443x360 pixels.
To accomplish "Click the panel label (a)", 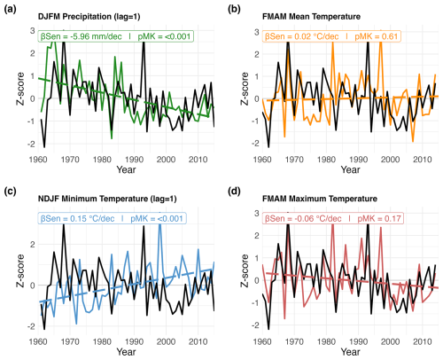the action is (10, 9).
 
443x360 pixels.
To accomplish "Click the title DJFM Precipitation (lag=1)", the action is (89, 17).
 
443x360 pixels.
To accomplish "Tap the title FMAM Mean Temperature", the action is (311, 17).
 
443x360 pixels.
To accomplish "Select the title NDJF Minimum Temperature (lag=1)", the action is (107, 199).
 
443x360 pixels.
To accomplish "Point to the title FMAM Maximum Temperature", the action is (320, 199).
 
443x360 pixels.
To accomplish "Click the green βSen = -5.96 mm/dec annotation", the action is (81, 36).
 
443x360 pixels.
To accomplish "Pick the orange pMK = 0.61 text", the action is (377, 36).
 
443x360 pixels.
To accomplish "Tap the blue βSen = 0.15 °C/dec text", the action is (77, 219).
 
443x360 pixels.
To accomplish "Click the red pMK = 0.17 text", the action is (379, 219).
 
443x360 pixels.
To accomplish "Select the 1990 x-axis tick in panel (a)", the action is (134, 160).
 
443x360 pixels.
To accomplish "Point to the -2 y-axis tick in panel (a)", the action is (32, 144).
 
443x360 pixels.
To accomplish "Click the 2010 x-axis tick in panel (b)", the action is (423, 160).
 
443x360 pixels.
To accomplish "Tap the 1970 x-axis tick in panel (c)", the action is (70, 342).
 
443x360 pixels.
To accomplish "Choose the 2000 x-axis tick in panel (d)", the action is (391, 342).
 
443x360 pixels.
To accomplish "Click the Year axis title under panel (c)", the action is (126, 352).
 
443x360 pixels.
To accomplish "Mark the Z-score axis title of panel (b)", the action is (245, 89).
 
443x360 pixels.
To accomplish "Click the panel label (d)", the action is (234, 192).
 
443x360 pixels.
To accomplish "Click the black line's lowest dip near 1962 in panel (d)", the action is (268, 329).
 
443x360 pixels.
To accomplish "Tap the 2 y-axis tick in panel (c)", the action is (33, 245).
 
